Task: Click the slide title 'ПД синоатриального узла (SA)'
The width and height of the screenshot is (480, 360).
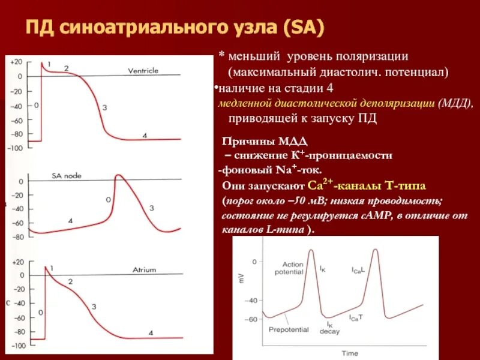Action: point(175,28)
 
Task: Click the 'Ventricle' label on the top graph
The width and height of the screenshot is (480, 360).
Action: point(143,71)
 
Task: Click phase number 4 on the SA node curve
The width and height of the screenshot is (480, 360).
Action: point(70,221)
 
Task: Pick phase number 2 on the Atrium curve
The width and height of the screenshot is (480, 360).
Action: point(70,281)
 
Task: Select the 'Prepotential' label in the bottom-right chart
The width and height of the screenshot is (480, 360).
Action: point(289,329)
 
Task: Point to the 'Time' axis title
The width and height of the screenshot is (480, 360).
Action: point(350,353)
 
